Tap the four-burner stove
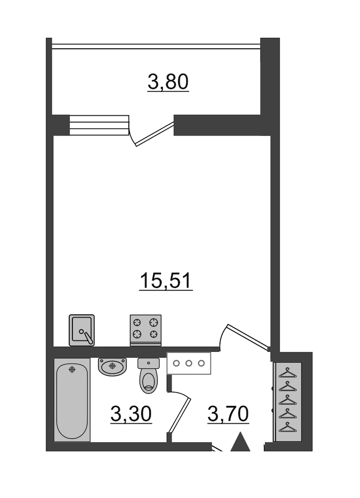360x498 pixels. [146, 330]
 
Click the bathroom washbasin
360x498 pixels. [112, 367]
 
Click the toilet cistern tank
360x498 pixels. [148, 363]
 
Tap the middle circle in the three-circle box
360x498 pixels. [189, 364]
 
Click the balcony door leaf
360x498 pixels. [155, 134]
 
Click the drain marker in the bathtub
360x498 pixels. [72, 370]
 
